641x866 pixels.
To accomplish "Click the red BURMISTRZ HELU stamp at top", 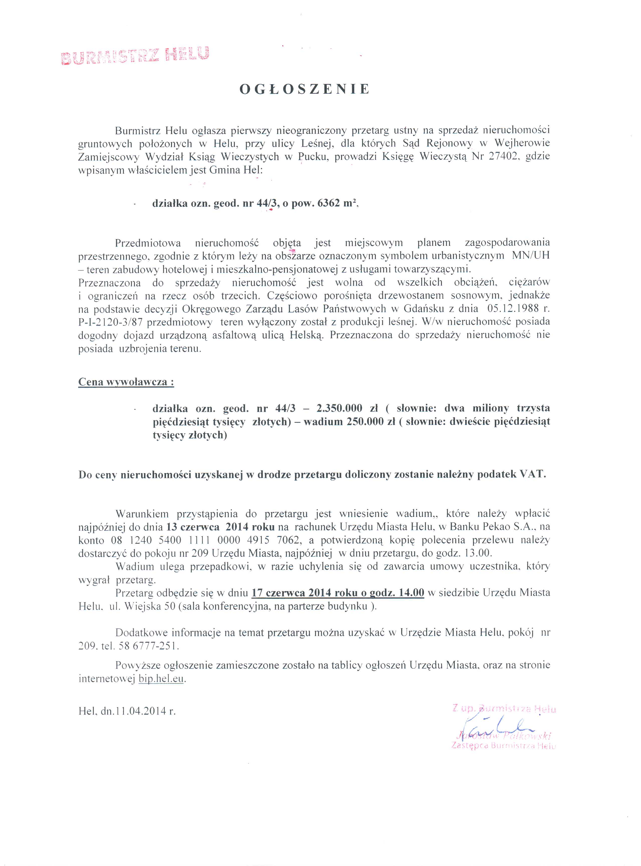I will point(135,55).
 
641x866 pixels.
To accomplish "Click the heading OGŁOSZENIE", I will point(304,89).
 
